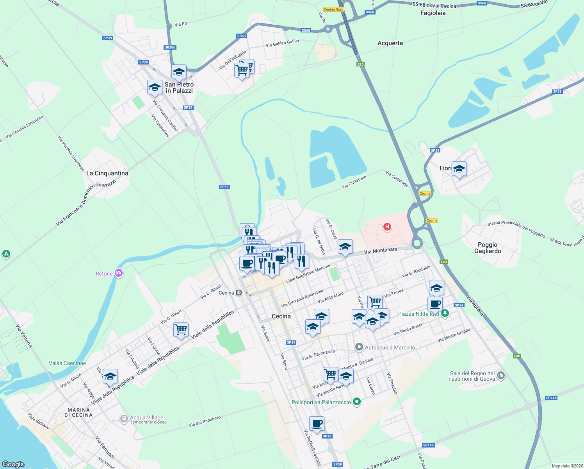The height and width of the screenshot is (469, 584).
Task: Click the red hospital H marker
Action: pyautogui.click(x=387, y=227)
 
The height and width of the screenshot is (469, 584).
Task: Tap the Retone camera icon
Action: pyautogui.click(x=119, y=274)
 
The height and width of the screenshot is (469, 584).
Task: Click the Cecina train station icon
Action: pyautogui.click(x=239, y=293)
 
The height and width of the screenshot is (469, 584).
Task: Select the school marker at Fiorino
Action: pyautogui.click(x=459, y=169)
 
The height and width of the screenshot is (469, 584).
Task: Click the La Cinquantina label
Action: pyautogui.click(x=107, y=173)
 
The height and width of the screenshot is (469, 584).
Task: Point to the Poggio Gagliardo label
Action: pyautogui.click(x=488, y=248)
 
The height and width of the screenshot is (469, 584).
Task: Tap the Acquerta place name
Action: pyautogui.click(x=390, y=43)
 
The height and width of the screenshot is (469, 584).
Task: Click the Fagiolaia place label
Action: pyautogui.click(x=433, y=13)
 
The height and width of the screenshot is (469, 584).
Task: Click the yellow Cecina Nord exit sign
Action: pyautogui.click(x=333, y=9)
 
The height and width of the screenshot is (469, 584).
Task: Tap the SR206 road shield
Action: pyautogui.click(x=170, y=47)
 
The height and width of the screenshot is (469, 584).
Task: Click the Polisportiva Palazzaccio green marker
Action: pyautogui.click(x=356, y=402)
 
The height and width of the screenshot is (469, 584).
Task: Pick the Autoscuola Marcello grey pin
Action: pyautogui.click(x=359, y=347)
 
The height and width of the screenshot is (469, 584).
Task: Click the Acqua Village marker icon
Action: pyautogui.click(x=124, y=419)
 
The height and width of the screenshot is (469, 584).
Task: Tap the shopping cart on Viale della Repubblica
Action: pyautogui.click(x=181, y=330)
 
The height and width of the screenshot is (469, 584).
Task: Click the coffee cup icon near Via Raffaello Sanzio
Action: pyautogui.click(x=317, y=423)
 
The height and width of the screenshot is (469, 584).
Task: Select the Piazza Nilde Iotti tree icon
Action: pyautogui.click(x=445, y=313)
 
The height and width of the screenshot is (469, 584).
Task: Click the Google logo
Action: pyautogui.click(x=13, y=464)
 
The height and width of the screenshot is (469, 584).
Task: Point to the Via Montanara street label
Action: pyautogui.click(x=380, y=251)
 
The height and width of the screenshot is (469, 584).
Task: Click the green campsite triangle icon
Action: pyautogui.click(x=6, y=254)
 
